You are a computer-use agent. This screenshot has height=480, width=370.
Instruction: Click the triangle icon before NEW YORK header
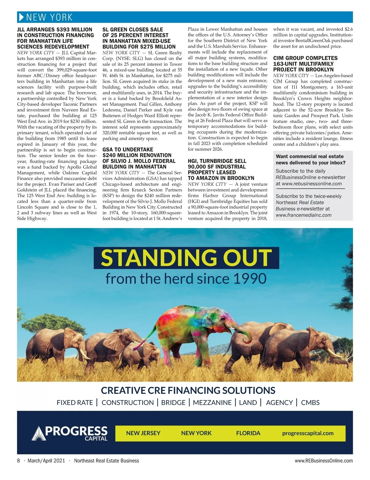(x=21, y=17)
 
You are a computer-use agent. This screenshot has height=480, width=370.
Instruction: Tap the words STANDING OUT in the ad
(x=186, y=258)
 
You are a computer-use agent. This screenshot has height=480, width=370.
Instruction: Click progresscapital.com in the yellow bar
(x=308, y=433)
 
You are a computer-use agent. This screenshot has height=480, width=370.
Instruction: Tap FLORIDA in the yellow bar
(x=248, y=433)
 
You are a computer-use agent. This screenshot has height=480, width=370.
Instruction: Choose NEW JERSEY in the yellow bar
(x=143, y=433)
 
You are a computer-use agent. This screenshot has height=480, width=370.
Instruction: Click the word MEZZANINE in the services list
(x=212, y=403)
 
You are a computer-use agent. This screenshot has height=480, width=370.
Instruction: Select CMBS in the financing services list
(x=310, y=403)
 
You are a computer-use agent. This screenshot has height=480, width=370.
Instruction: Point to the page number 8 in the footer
(x=18, y=461)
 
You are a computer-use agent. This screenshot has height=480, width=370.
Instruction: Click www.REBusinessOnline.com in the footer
(x=324, y=461)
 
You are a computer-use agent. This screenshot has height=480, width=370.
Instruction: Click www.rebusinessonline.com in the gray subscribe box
(x=312, y=184)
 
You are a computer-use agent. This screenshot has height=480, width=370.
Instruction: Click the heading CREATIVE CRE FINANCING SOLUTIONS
(x=188, y=390)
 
